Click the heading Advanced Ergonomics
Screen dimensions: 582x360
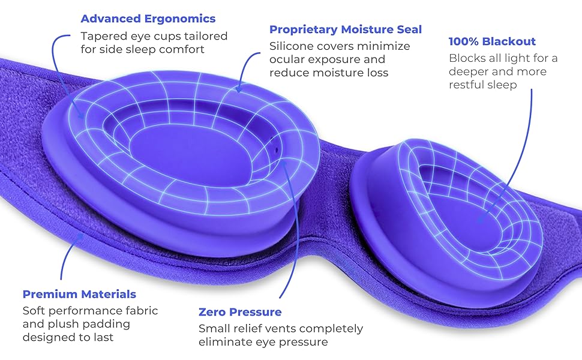[148, 19]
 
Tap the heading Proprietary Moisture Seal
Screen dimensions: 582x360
[346, 29]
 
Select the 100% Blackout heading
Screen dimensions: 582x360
[492, 41]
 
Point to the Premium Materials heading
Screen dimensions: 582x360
[79, 294]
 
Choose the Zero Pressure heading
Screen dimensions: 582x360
[240, 312]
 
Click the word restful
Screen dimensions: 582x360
[466, 85]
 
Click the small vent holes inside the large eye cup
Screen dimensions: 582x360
[274, 145]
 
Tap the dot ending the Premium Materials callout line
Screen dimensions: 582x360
[80, 236]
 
